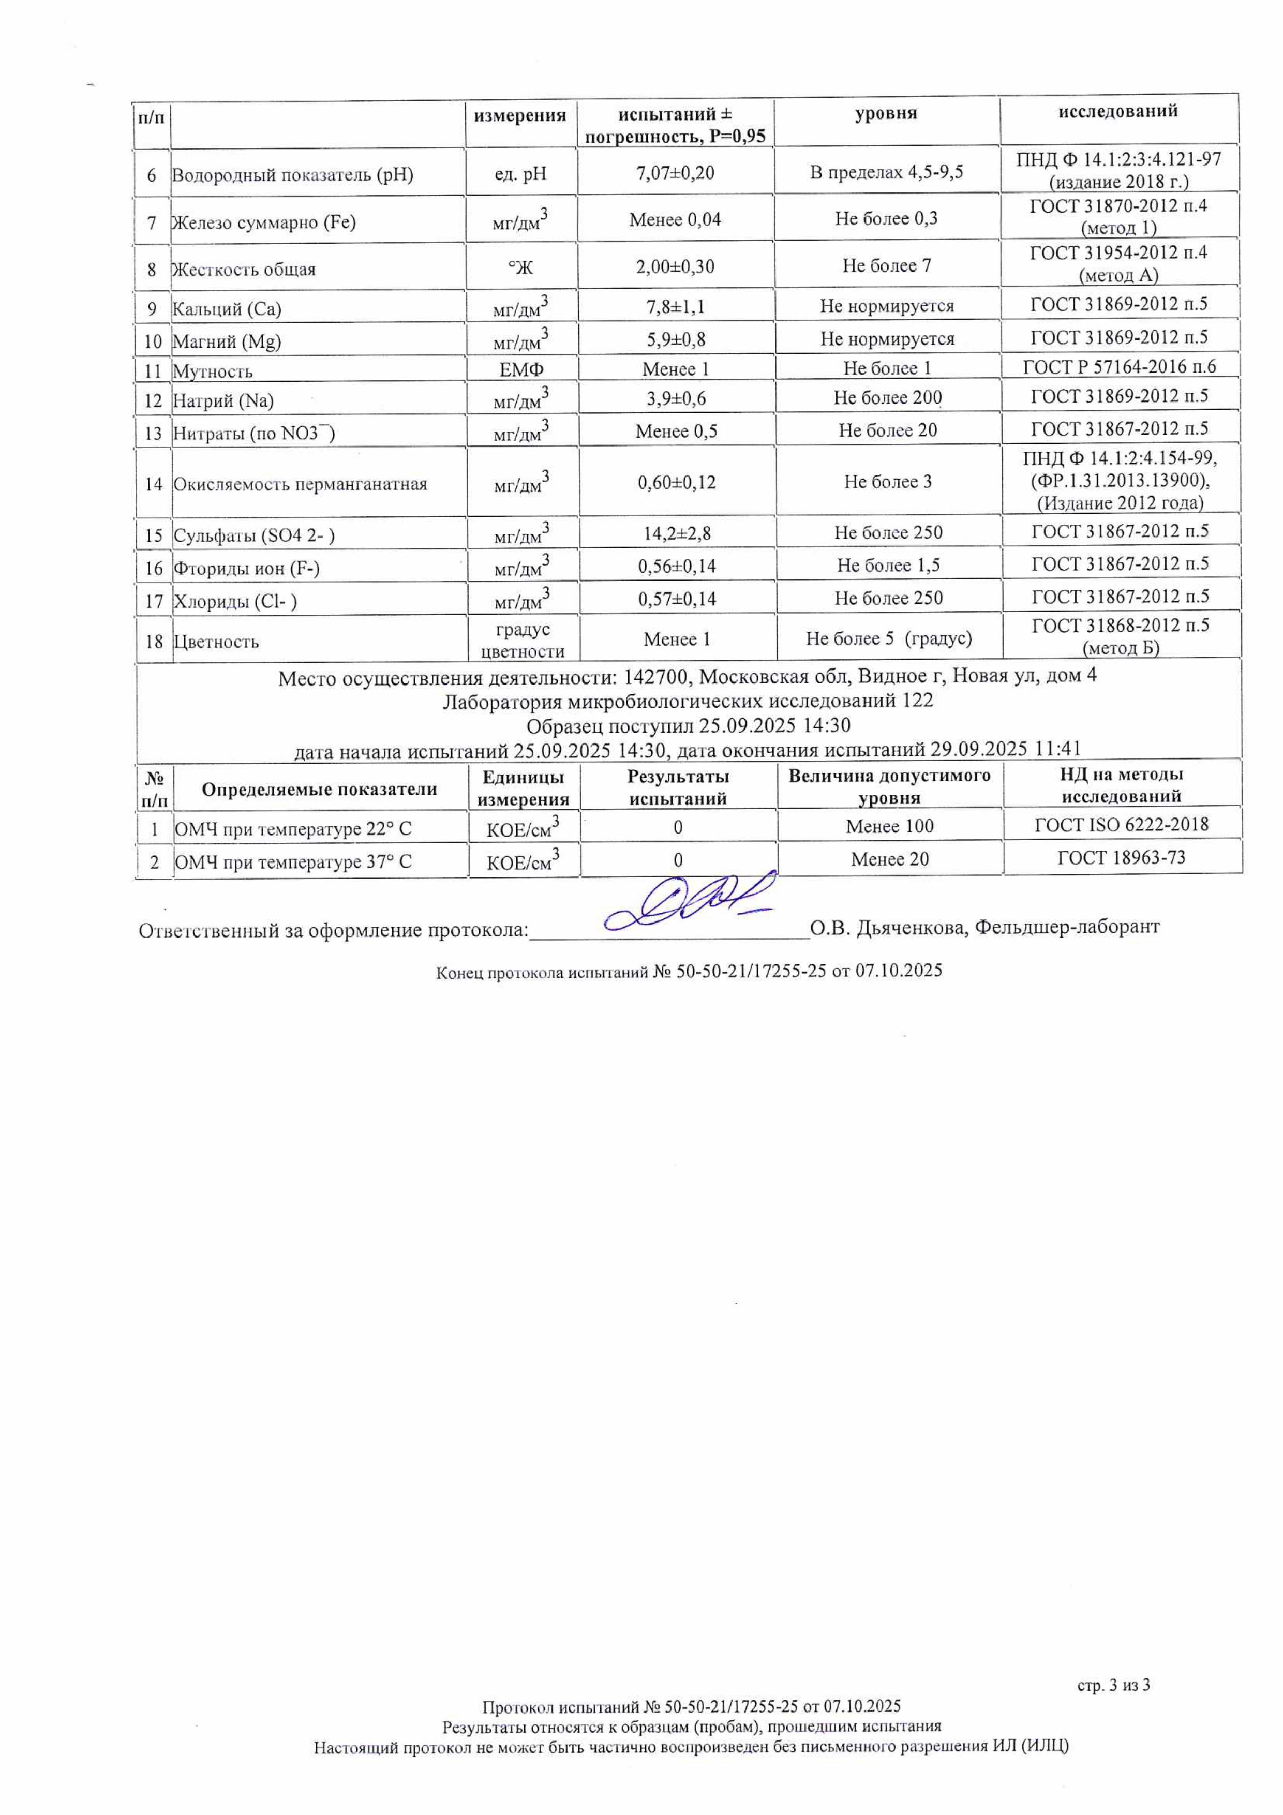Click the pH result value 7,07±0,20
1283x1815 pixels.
click(675, 172)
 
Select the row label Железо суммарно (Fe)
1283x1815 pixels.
click(264, 222)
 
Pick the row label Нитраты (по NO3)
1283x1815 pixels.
click(253, 433)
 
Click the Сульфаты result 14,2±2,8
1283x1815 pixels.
click(677, 533)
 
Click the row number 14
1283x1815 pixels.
click(153, 484)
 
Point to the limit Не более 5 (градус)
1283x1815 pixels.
click(889, 639)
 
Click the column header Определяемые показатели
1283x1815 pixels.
click(319, 789)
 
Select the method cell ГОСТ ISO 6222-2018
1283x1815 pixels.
click(1121, 825)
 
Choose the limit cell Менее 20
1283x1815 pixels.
click(889, 860)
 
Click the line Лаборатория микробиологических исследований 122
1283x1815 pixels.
click(687, 701)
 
